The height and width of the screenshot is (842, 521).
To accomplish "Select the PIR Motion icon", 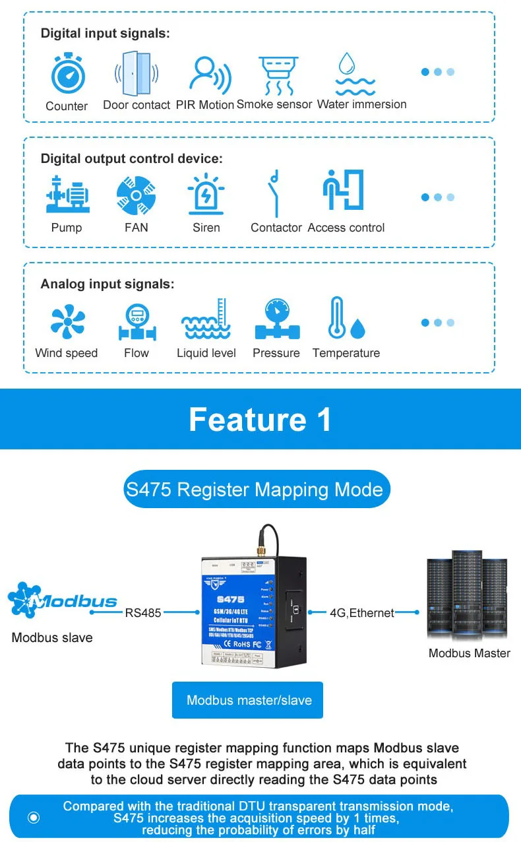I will point(210,74).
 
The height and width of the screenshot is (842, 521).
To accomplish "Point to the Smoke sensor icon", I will point(274,75).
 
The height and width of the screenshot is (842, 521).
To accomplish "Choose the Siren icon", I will point(206,195).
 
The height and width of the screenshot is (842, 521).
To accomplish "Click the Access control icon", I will point(344,191).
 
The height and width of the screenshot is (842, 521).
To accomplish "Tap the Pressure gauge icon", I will point(276,320).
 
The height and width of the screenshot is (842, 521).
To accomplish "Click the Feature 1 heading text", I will point(260,420).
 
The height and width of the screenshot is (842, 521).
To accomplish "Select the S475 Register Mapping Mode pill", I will point(257,490).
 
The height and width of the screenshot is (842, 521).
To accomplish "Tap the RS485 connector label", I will point(143,612).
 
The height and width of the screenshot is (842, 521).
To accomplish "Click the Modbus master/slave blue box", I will point(248,700).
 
